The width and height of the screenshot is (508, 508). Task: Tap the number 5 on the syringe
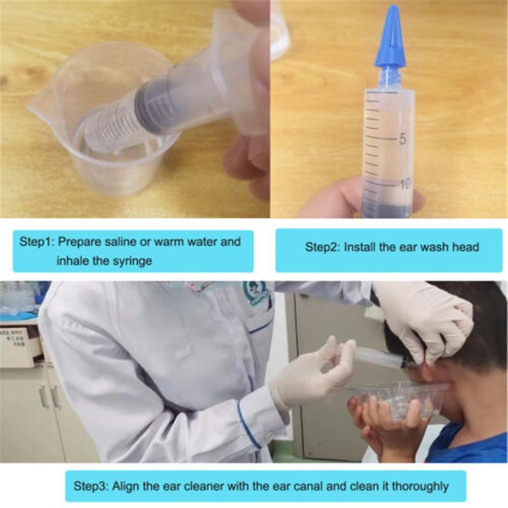tap(403, 139)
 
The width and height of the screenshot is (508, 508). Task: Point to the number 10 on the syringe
tap(405, 184)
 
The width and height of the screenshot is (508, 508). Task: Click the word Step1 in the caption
tap(37, 242)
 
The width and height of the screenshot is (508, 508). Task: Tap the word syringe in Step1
tap(131, 261)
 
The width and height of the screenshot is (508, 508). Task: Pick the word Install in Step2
tap(359, 247)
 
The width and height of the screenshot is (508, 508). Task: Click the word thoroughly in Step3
tap(420, 486)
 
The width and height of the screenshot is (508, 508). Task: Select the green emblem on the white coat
tap(255, 293)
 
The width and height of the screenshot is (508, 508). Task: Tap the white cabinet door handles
tap(50, 397)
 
